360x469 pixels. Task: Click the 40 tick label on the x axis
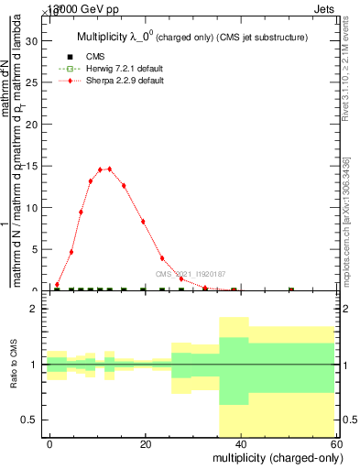pos(240,444)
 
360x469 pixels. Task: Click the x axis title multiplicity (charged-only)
pos(273,457)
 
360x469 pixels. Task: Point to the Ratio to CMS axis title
pos(14,365)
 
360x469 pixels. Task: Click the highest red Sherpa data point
pos(110,169)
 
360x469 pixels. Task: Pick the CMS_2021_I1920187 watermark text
pos(190,274)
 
